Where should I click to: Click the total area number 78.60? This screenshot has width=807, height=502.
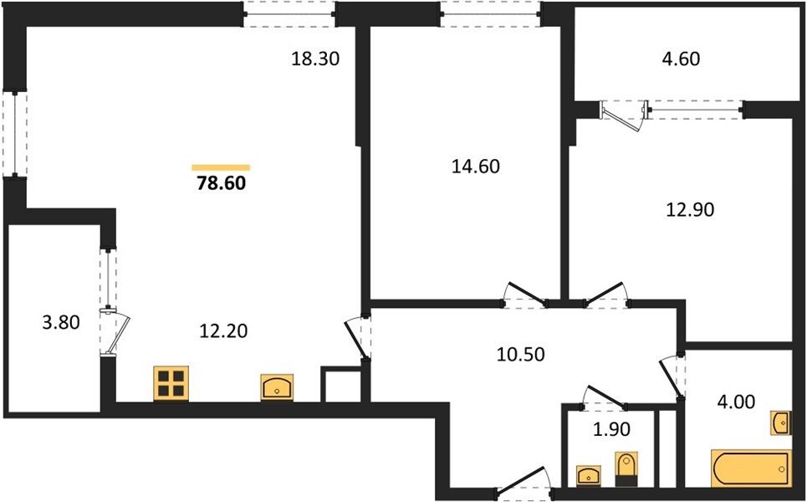(221, 183)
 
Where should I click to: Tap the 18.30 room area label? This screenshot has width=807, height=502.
(317, 59)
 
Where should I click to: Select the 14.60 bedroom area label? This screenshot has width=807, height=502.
(475, 166)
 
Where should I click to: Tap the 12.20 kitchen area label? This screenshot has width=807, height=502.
(223, 330)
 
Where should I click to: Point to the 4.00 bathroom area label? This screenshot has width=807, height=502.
(737, 402)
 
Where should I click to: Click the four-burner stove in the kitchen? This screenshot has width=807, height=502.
(171, 383)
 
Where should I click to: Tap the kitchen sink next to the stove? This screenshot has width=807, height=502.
(277, 387)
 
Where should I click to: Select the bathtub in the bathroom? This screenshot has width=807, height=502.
(750, 469)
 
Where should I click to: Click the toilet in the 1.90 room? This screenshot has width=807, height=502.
(626, 469)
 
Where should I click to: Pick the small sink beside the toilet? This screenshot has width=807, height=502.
(589, 475)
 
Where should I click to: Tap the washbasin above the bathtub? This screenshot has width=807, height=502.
(779, 423)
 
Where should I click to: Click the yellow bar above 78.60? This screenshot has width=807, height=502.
(221, 167)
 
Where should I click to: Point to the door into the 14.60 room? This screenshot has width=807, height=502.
(524, 295)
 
